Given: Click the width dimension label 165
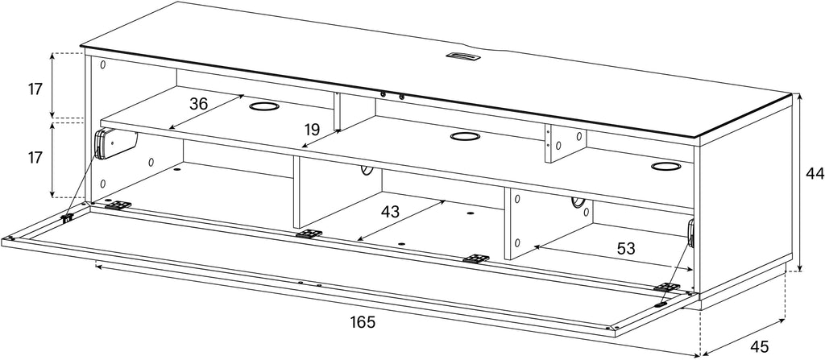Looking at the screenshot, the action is pos(363,322).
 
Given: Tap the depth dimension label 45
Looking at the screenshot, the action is pos(759,347).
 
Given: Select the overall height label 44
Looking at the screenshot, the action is pos(815,174).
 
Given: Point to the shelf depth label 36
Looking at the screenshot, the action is pos(199,104).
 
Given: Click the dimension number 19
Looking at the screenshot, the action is pos(313,128).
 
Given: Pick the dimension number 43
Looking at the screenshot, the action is pos(390,212).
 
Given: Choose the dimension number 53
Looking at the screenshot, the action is pos(625,248).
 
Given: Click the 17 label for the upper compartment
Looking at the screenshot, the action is pos(35,89).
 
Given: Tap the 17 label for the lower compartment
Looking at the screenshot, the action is pos(35,157).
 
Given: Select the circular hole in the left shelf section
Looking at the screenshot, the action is pos(264,107).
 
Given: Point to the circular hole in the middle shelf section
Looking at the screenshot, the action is pos(466,137).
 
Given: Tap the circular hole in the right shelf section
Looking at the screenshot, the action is pos(666,167).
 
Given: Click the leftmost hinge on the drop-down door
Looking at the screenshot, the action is pos(118,205).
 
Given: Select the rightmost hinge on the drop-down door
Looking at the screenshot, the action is pos(666,288).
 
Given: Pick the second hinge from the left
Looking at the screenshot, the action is pos(309,234).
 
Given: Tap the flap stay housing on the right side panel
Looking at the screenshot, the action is pos(690,234).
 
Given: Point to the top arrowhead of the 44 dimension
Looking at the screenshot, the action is pos(799,96).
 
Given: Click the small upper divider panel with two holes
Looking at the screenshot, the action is pos(566,143).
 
